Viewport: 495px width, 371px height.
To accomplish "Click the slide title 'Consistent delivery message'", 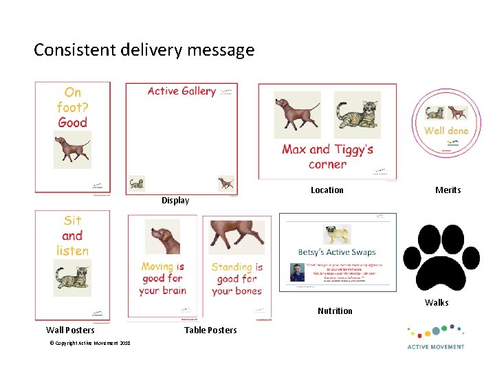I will click(x=144, y=50).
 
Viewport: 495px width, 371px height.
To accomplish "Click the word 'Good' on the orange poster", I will click(x=72, y=123).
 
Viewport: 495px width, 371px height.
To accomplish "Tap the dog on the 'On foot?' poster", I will click(x=72, y=149).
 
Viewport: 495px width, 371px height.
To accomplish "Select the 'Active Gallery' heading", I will click(x=181, y=91).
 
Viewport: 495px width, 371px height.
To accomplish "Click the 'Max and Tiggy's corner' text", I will click(x=327, y=157).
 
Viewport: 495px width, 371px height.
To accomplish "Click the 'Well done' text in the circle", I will click(x=446, y=131).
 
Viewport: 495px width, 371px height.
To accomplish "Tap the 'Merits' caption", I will click(x=448, y=190).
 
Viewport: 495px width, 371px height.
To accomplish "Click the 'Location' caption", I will click(x=327, y=190).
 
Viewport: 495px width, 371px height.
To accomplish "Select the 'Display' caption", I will click(x=175, y=201).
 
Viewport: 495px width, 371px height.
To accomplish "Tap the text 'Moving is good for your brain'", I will click(x=162, y=278).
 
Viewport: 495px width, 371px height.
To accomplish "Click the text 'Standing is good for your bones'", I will click(x=236, y=278).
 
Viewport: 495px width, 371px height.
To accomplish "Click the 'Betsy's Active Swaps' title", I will click(x=337, y=252).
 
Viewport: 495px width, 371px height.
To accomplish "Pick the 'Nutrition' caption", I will click(x=335, y=311).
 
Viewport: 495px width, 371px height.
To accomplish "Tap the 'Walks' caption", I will click(x=436, y=303).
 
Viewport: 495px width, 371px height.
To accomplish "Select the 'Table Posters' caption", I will click(x=210, y=330).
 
